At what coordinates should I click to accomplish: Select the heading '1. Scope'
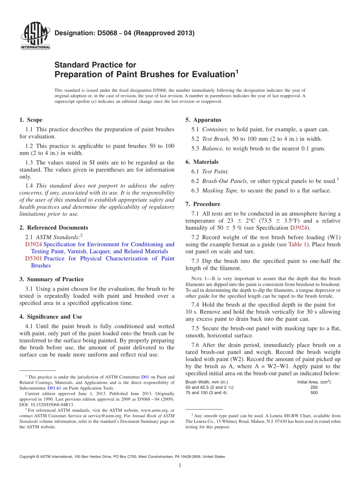tap(31, 120)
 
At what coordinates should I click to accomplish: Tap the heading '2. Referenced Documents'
tap(53, 227)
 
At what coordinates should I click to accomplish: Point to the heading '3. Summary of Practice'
tap(52, 279)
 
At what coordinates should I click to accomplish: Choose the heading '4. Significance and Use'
tap(50, 317)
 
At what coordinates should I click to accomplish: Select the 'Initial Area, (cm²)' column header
tap(314, 382)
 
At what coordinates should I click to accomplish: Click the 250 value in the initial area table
tap(314, 387)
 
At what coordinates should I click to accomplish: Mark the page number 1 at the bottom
tap(180, 465)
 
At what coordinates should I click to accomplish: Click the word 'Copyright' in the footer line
tap(29, 457)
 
